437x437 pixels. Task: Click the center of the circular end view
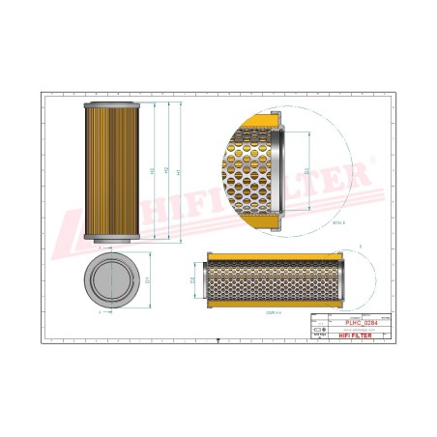pyautogui.click(x=115, y=280)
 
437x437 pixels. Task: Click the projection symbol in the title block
pyautogui.click(x=320, y=330)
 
